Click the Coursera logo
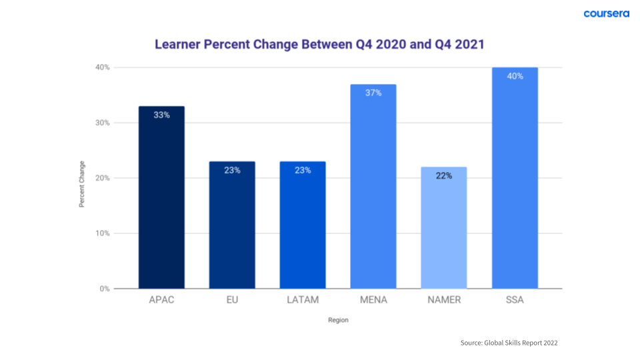[x=606, y=14]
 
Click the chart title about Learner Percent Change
[x=319, y=45]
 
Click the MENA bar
[x=373, y=187]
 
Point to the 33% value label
[x=161, y=115]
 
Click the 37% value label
[x=373, y=93]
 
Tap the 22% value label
[x=444, y=176]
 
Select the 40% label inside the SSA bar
[x=515, y=76]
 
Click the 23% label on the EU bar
[x=232, y=170]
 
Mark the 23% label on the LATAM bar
[x=303, y=170]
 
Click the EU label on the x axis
[x=232, y=300]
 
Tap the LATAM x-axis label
[x=303, y=300]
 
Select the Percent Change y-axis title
[x=82, y=184]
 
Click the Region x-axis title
[x=338, y=320]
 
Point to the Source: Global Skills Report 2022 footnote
[x=509, y=343]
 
